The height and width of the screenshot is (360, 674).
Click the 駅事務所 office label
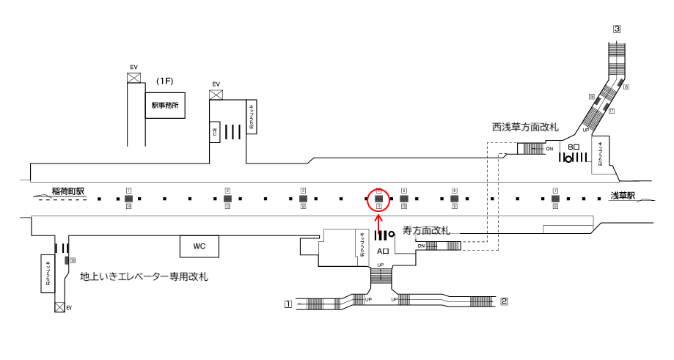(165, 105)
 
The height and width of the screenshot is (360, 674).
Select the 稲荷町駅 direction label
(68, 192)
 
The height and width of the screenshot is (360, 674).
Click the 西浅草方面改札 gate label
(525, 128)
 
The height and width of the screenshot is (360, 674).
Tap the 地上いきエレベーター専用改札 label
(144, 276)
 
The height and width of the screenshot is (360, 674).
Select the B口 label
(574, 147)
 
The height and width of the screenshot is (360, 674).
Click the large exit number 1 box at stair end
(288, 303)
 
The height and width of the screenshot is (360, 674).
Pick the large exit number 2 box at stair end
(504, 301)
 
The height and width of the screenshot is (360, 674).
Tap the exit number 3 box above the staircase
(618, 29)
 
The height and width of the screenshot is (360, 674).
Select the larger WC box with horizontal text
(199, 246)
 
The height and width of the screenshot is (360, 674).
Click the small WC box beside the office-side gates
(216, 131)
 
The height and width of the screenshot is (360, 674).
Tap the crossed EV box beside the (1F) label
(134, 77)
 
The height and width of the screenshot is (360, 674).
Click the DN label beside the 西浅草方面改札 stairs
(549, 149)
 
